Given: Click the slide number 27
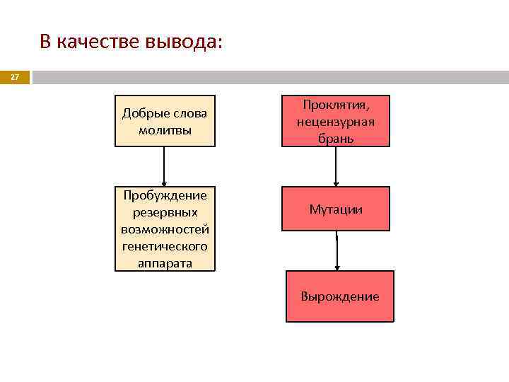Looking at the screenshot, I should [15, 77].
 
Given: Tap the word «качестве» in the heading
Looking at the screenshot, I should [98, 42].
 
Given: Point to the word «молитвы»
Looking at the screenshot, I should [165, 130].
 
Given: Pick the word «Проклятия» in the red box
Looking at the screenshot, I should [336, 105].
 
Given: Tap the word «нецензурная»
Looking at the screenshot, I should [336, 122].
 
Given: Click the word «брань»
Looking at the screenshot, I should [336, 139].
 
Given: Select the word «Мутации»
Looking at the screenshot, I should [336, 209].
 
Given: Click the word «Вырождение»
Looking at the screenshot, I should [340, 296].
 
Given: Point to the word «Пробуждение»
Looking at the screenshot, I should [165, 195].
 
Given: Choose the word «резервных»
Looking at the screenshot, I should [165, 212].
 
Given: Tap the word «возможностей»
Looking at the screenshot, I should [165, 229].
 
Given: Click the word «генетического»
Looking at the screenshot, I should [165, 246].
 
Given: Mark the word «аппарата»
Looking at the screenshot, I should [165, 262].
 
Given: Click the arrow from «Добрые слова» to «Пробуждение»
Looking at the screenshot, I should [165, 167].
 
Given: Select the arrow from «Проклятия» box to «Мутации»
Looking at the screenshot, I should [336, 167].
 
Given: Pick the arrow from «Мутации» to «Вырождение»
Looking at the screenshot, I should [337, 250].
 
